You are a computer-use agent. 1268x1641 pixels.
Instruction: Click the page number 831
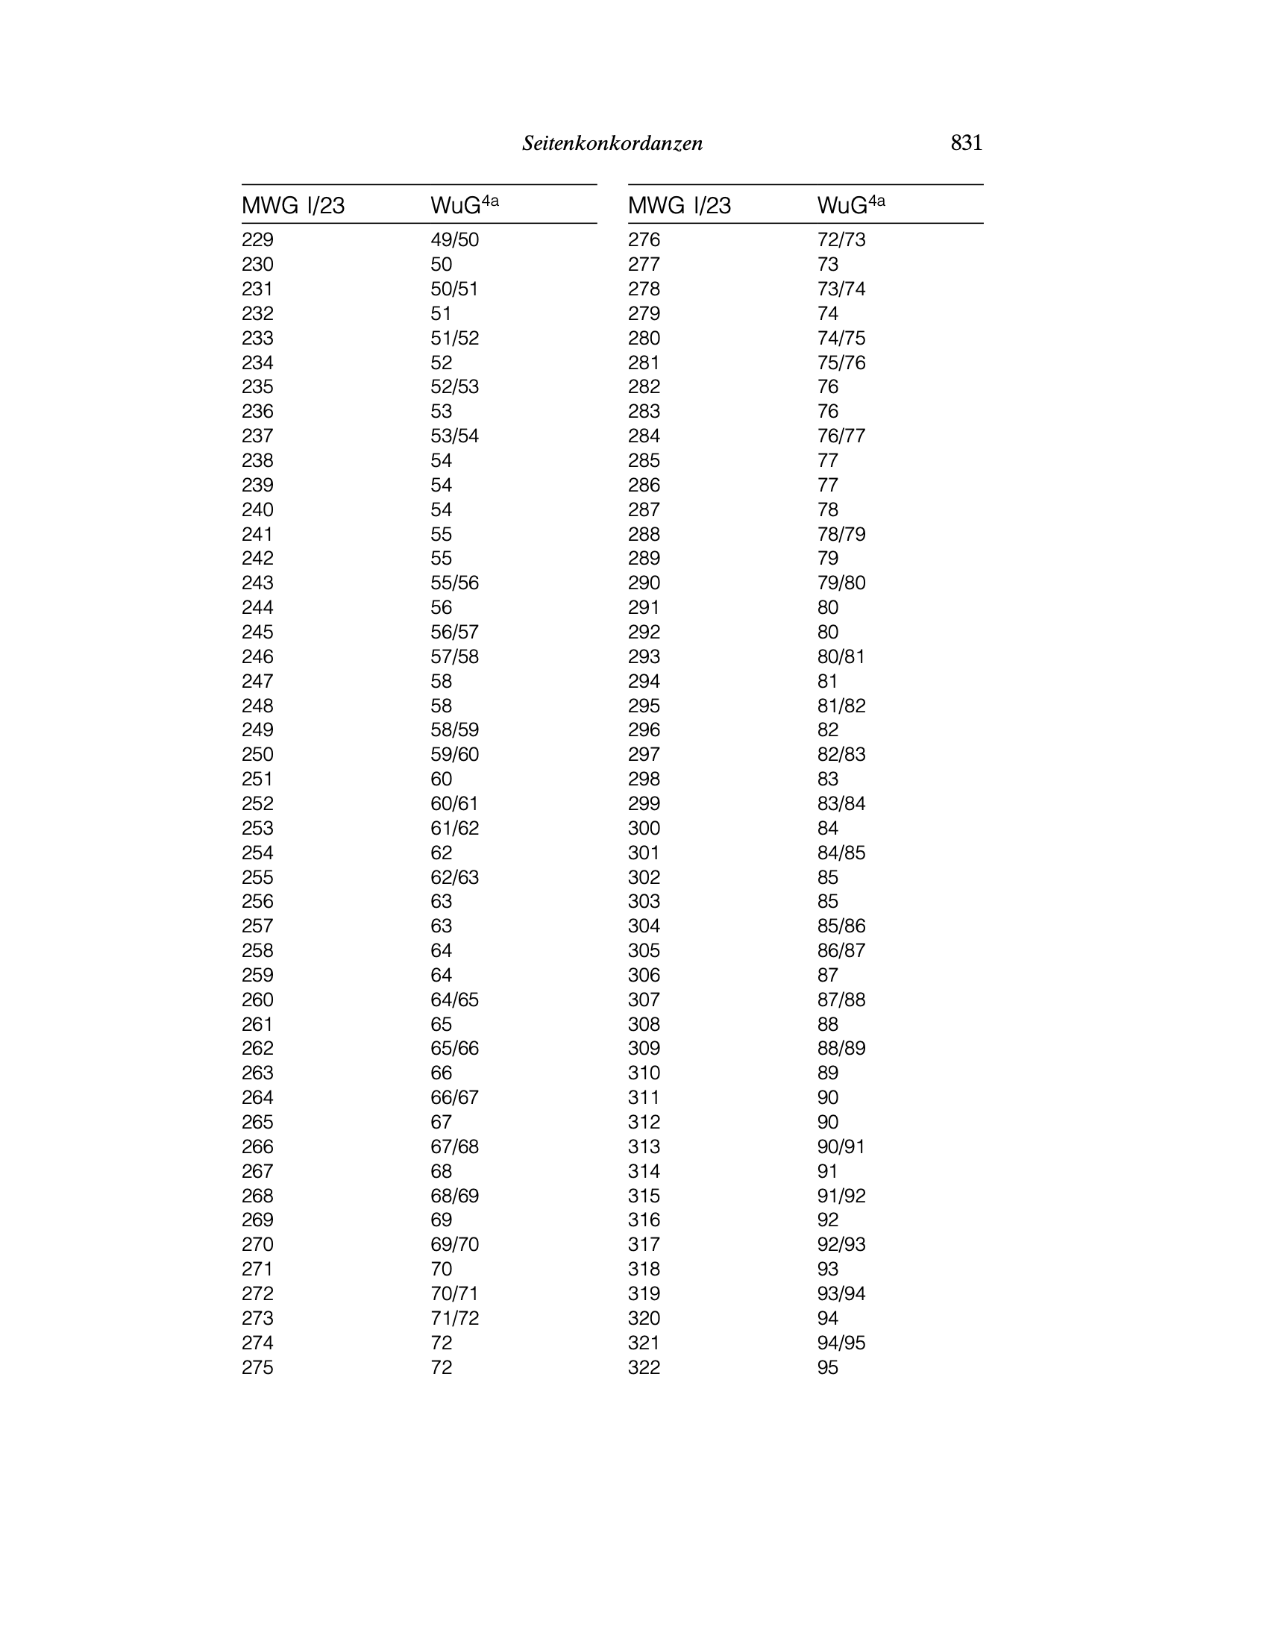click(x=966, y=142)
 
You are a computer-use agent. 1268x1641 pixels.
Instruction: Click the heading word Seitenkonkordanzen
click(x=612, y=143)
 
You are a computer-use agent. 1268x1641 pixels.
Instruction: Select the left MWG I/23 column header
click(x=293, y=205)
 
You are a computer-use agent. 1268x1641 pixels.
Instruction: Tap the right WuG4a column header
click(x=851, y=204)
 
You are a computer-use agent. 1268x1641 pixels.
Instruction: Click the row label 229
click(x=257, y=239)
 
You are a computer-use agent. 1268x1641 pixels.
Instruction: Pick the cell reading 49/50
click(x=454, y=239)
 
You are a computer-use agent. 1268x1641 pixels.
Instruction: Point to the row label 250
click(x=257, y=754)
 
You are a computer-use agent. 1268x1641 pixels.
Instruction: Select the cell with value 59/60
click(x=454, y=754)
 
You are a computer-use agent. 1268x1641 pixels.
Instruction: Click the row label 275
click(x=257, y=1367)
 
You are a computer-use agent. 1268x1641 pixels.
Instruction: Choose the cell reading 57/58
click(x=454, y=656)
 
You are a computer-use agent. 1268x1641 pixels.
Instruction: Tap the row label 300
click(x=644, y=828)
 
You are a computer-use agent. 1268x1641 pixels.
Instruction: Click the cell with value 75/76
click(x=841, y=363)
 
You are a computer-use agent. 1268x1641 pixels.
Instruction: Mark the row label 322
click(x=644, y=1367)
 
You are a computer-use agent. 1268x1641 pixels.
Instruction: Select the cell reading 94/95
click(x=841, y=1343)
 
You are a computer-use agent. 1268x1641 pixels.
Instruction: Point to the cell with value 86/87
click(x=841, y=950)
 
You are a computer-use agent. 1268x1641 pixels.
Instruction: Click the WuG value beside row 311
click(x=828, y=1098)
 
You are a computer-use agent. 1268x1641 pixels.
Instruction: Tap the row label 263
click(x=257, y=1073)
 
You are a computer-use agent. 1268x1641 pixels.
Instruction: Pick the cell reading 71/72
click(x=454, y=1318)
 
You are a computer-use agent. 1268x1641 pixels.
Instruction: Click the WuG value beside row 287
click(x=828, y=509)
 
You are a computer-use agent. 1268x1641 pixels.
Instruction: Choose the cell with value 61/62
click(x=454, y=828)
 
